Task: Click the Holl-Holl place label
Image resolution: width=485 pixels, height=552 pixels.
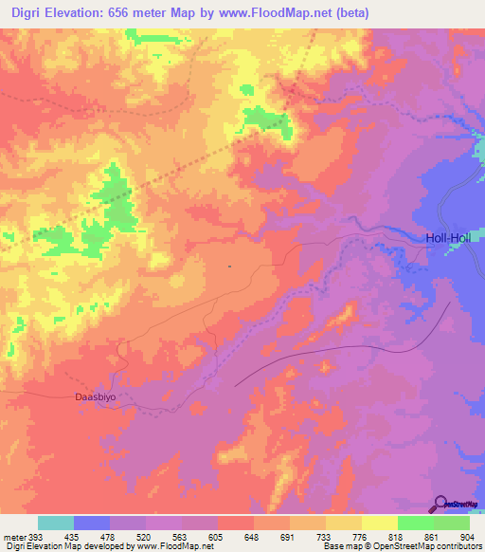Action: pos(448,238)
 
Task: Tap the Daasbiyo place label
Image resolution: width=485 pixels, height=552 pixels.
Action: pos(96,397)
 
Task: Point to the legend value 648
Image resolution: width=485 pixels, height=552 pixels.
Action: pos(253,535)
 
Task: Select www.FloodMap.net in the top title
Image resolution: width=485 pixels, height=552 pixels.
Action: pos(273,13)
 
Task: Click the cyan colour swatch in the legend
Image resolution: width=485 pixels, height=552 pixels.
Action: pos(56,523)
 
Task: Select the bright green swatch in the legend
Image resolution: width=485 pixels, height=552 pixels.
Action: pos(415,523)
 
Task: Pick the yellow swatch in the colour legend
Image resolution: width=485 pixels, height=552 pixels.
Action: pos(379,523)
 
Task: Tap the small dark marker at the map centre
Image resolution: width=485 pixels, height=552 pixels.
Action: pos(230,267)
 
